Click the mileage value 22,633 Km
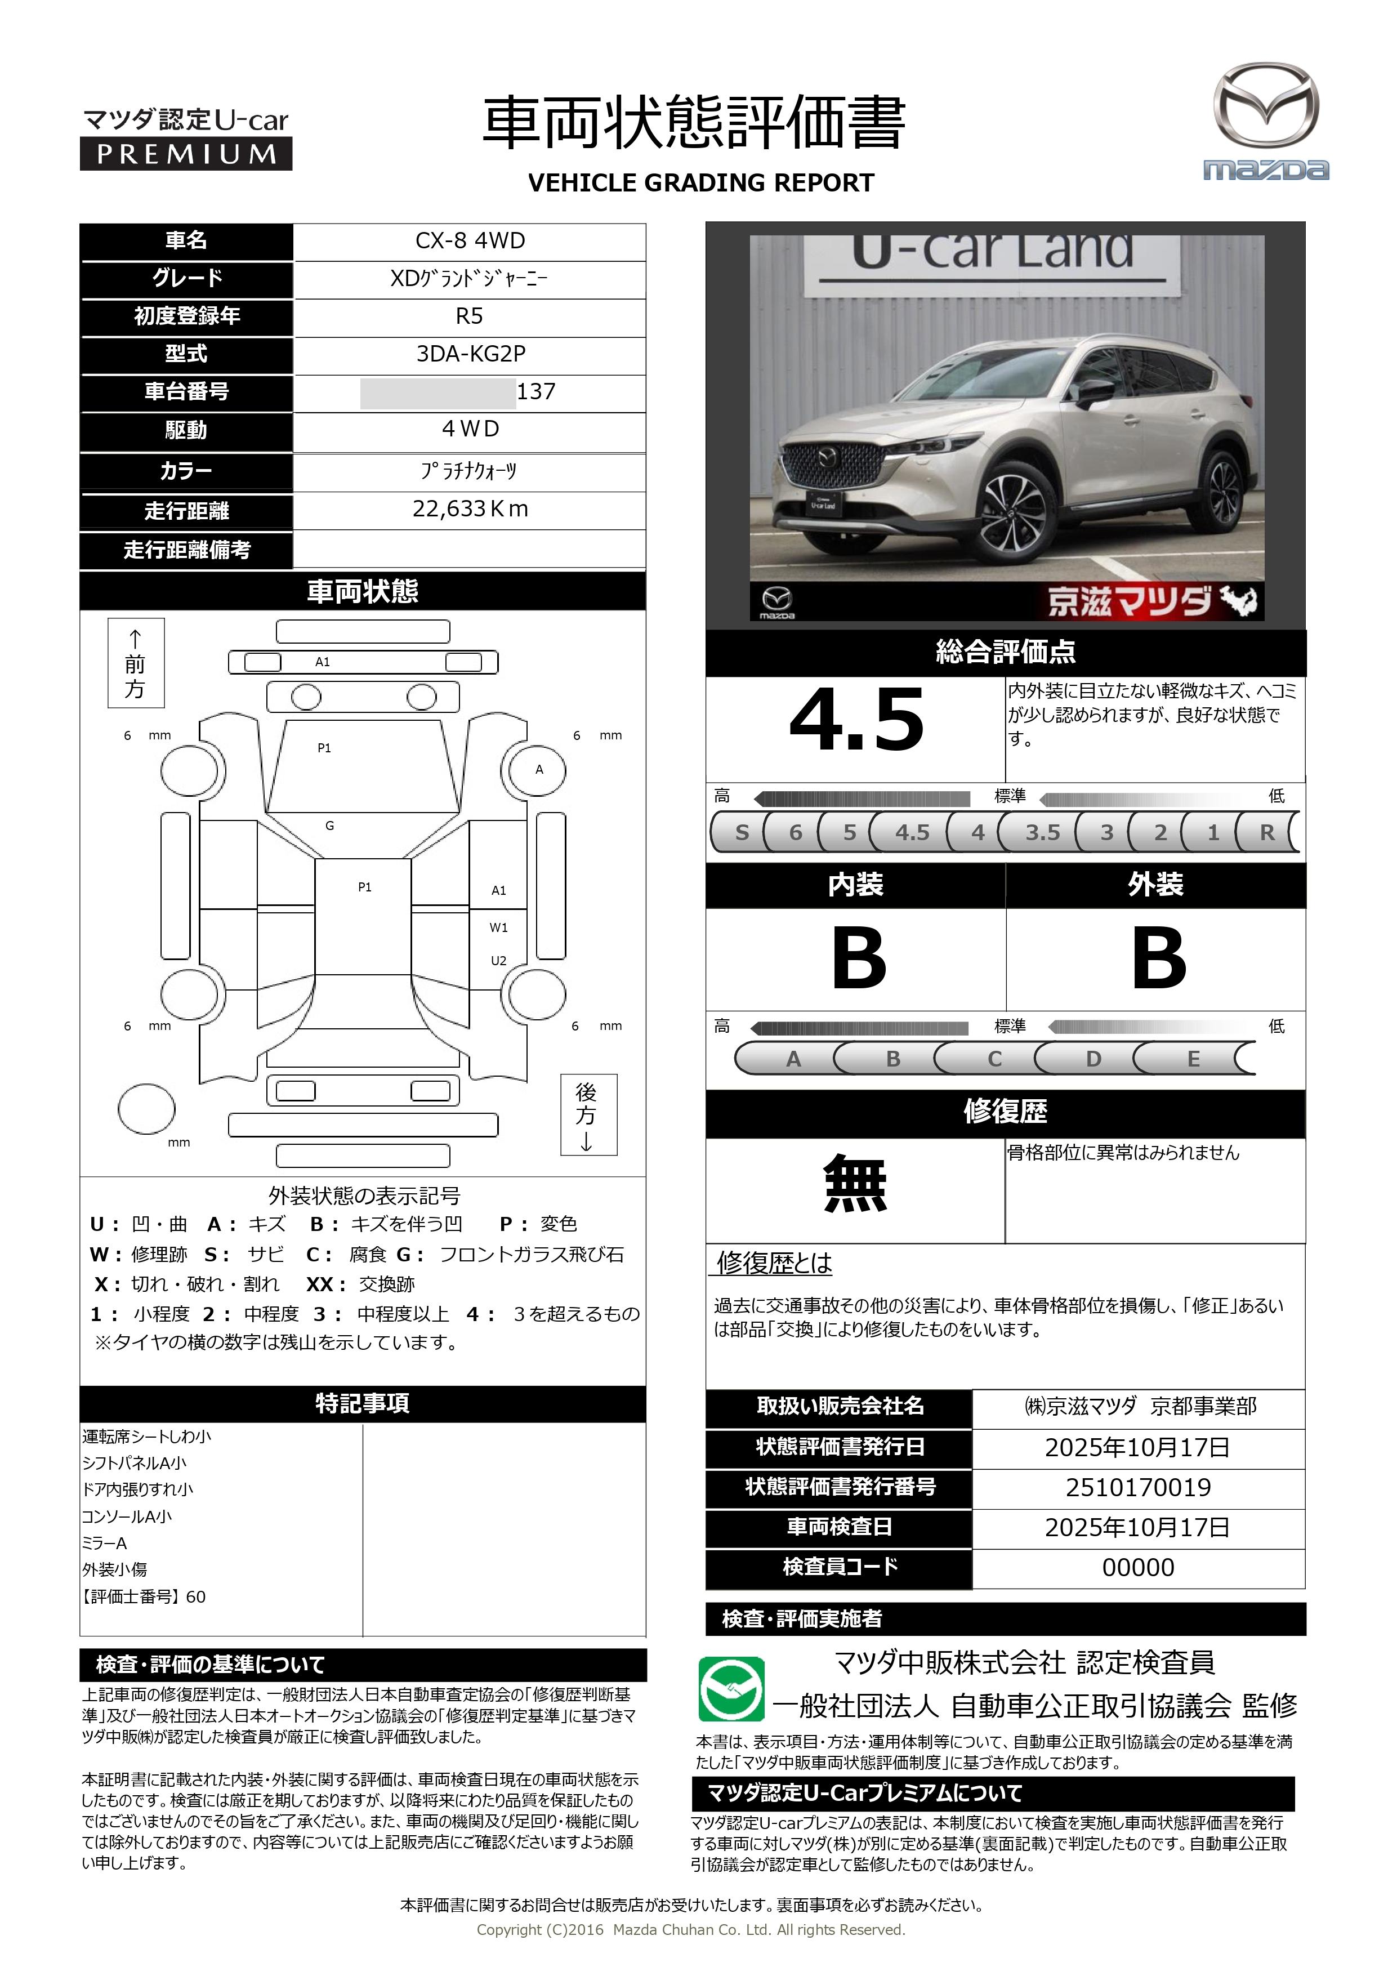coord(470,510)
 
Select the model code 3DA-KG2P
coord(470,354)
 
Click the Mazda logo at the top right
coord(1265,121)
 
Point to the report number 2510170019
coord(1138,1487)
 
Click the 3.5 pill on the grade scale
coord(1042,832)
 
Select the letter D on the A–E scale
coord(1093,1059)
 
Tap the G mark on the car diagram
coord(329,826)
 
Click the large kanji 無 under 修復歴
coord(855,1185)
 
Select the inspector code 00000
coord(1138,1567)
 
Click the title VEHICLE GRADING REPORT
coord(700,182)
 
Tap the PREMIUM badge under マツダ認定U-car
coord(186,154)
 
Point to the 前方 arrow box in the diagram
coord(135,663)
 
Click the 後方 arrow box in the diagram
coord(588,1114)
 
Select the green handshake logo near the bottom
coord(731,1689)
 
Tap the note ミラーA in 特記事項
coord(104,1543)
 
